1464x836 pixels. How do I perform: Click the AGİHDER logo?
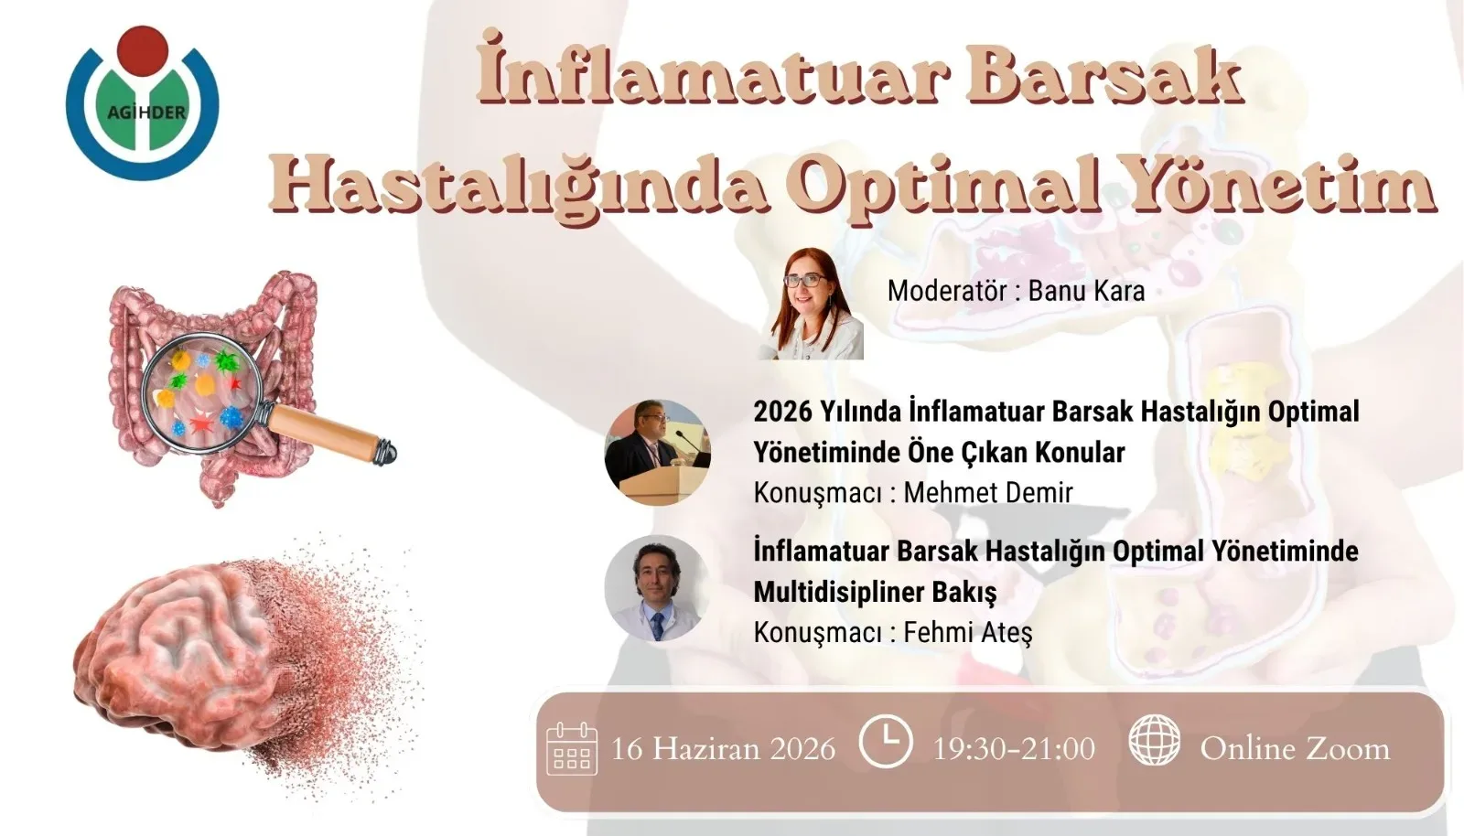point(143,102)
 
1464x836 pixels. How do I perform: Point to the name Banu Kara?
point(1086,291)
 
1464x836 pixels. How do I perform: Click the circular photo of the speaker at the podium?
point(657,452)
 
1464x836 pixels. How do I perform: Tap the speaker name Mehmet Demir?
point(987,492)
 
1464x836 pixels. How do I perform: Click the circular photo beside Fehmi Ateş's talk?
point(657,588)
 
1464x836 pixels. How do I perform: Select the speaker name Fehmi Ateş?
point(967,632)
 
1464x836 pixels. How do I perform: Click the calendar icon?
point(571,749)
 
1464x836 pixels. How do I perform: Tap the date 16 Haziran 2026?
point(723,749)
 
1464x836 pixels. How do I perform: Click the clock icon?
point(885,742)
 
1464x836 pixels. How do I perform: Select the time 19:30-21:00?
point(1013,749)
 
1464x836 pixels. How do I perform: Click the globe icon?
point(1154,741)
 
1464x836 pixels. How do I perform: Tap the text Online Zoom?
point(1294,749)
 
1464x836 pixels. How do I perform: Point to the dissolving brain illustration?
point(201,659)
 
